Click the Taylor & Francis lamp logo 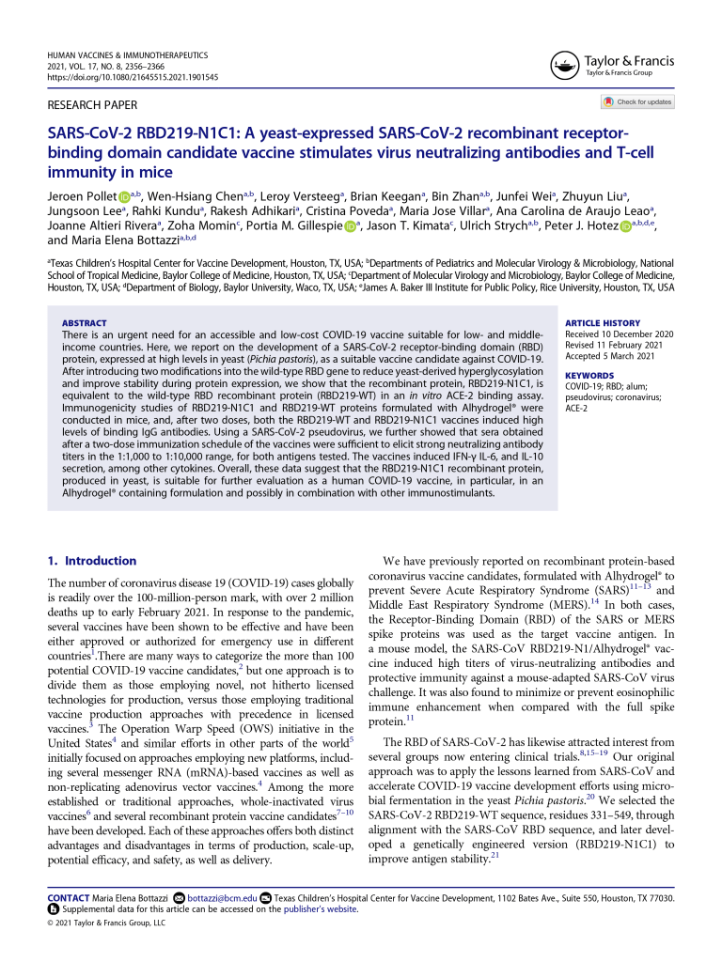562,66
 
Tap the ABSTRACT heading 84,323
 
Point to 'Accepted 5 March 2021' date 609,355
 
